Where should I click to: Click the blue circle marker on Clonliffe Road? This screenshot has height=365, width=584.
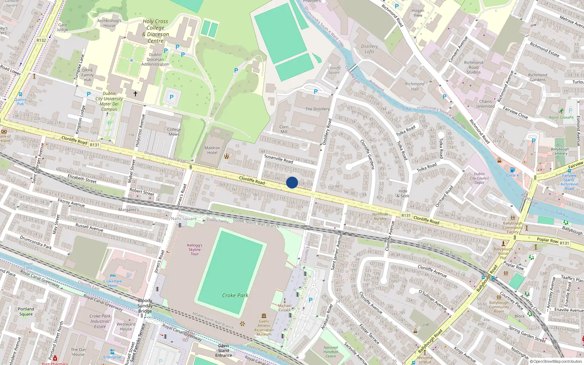(292, 182)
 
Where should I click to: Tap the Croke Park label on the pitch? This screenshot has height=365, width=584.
(235, 295)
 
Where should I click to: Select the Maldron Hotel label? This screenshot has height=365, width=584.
(212, 150)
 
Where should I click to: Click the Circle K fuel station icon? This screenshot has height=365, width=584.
(512, 170)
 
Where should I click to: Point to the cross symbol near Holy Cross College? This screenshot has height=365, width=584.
(135, 94)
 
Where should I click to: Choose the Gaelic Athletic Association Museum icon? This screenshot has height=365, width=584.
(264, 316)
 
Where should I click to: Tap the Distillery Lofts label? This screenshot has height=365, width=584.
(369, 49)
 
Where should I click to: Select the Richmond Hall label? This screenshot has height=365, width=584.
(415, 86)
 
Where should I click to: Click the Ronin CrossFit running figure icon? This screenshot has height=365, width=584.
(561, 111)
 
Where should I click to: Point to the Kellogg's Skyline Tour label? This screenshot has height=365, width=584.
(195, 250)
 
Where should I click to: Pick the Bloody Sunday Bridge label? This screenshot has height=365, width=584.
(145, 306)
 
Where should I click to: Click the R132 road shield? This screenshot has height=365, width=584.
(41, 41)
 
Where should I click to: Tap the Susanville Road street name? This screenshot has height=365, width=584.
(278, 158)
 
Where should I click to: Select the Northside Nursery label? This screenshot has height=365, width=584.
(380, 216)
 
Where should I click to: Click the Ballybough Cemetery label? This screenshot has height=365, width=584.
(560, 151)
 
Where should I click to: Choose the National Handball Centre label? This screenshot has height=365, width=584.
(331, 352)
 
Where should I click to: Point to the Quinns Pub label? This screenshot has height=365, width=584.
(20, 101)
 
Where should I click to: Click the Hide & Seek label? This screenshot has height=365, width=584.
(403, 193)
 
